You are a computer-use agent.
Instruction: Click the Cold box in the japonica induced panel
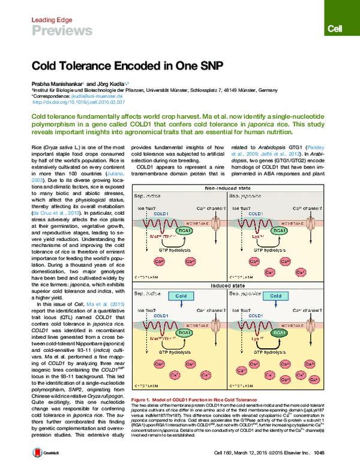(275, 296)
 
